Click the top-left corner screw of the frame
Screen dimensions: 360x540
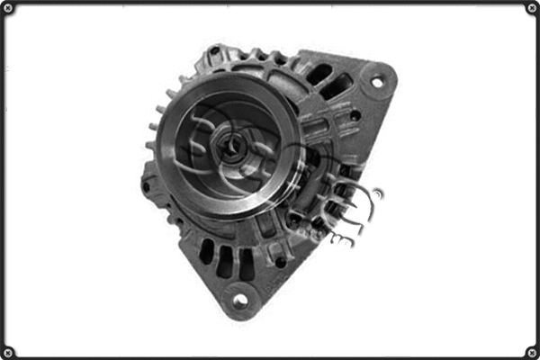[8, 8]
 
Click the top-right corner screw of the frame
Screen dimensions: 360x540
[531, 8]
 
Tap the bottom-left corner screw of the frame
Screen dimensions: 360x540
[8, 351]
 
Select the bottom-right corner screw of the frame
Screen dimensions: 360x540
[531, 351]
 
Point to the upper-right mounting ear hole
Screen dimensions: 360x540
[377, 82]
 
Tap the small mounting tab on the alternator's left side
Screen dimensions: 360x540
[146, 186]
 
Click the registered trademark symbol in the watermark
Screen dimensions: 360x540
[378, 193]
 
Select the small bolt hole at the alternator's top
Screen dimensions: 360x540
[215, 50]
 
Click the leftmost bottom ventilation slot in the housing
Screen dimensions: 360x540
[207, 251]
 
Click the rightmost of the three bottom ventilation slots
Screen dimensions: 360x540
[246, 264]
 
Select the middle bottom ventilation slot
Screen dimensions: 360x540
[225, 260]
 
